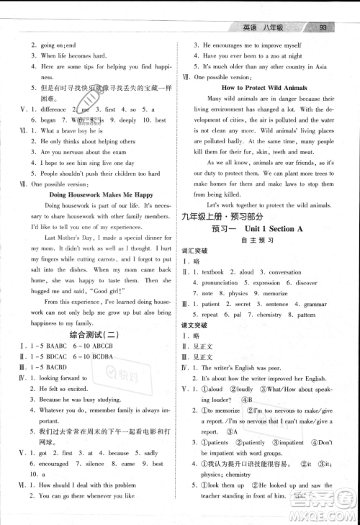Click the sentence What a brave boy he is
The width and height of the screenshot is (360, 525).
point(71,131)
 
